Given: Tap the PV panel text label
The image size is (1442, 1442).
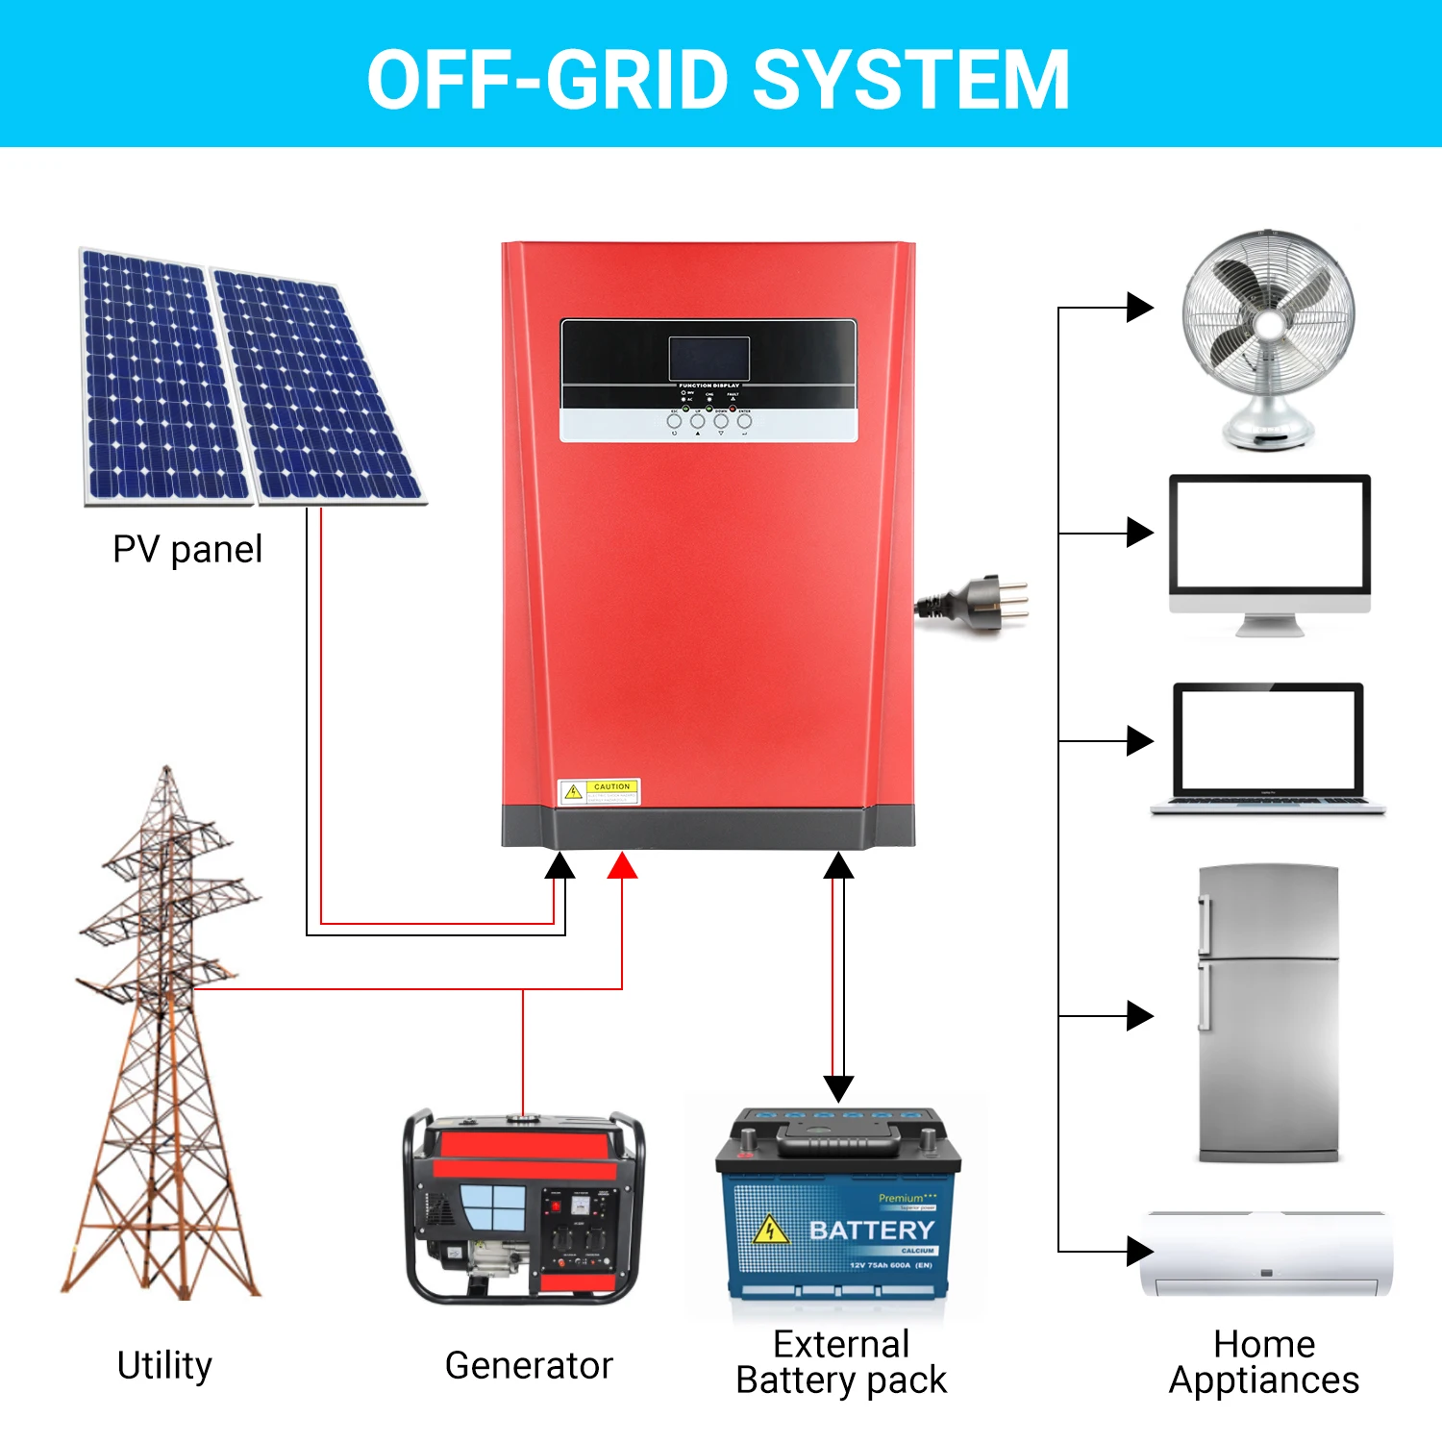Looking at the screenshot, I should pos(187,550).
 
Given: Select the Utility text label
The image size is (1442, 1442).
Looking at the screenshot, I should pos(164,1365).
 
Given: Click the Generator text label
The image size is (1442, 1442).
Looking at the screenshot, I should pos(529,1365).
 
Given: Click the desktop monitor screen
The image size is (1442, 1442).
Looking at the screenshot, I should pos(1269,535).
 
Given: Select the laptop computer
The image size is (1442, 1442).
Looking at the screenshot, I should pos(1268,750).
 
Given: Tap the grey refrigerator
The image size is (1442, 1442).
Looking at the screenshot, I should pos(1268,1014).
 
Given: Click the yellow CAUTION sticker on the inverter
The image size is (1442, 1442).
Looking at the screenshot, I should pos(600,792).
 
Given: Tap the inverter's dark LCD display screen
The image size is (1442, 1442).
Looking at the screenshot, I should pos(709,359).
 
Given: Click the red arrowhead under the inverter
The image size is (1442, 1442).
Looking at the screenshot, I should pos(623,866).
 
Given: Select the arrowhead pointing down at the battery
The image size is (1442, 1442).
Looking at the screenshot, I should pos(838,1088).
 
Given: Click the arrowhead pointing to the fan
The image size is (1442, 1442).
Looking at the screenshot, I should pos(1139,308).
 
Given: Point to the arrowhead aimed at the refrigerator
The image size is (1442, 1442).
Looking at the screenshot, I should pos(1139,1015).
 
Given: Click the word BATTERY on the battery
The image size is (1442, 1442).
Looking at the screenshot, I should pos(872,1231).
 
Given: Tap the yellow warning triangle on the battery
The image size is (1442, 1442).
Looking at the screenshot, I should pos(769,1231).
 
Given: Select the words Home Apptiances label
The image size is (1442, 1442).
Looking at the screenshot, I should pos(1264,1362).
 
